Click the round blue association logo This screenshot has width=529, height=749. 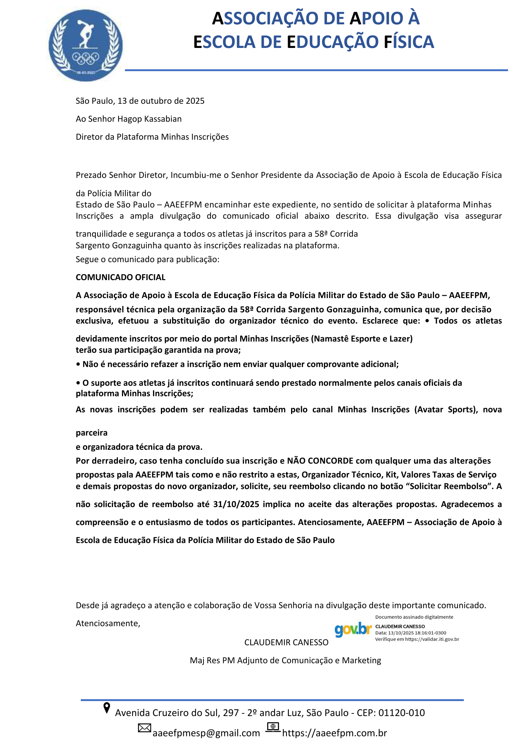86,45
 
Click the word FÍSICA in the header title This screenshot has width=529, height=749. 409,42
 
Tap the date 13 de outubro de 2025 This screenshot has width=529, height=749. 161,101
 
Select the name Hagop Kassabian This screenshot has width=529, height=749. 150,119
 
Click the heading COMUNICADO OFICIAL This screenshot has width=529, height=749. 120,278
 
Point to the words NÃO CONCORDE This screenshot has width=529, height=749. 320,461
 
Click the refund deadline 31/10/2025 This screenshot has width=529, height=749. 236,504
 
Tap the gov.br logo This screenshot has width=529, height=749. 353,630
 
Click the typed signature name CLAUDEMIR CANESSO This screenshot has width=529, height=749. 286,643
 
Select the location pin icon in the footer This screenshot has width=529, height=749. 107,708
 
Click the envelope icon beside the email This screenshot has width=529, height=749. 144,728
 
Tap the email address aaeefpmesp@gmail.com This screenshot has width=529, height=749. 206,733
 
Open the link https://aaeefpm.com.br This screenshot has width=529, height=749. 334,733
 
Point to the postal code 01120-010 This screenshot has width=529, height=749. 401,713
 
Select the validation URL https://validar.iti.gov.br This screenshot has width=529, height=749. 432,639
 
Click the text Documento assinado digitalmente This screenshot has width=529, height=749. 414,617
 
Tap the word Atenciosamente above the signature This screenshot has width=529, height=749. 107,624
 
